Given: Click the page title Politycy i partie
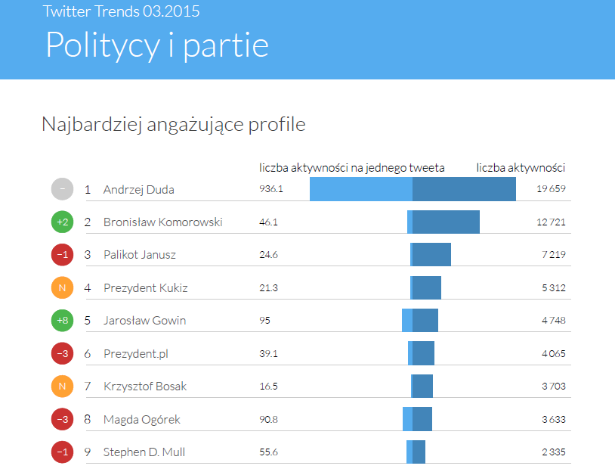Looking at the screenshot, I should pyautogui.click(x=157, y=45).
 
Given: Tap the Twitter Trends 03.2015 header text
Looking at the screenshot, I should pyautogui.click(x=122, y=11).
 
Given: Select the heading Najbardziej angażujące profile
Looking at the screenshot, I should pyautogui.click(x=174, y=124).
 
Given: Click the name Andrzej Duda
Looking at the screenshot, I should pyautogui.click(x=138, y=189).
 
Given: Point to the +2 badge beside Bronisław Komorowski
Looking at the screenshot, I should pyautogui.click(x=63, y=222).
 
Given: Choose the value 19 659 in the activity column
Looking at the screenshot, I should pyautogui.click(x=551, y=189).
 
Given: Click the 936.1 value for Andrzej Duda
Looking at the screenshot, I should pyautogui.click(x=271, y=189).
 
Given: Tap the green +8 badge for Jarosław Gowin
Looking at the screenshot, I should pyautogui.click(x=63, y=321).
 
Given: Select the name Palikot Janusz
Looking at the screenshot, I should pyautogui.click(x=139, y=255).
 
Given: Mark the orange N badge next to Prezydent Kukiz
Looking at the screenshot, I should pyautogui.click(x=63, y=287).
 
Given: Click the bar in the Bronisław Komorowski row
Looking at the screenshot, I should pyautogui.click(x=443, y=222).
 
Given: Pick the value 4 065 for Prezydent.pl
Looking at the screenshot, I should pyautogui.click(x=553, y=353).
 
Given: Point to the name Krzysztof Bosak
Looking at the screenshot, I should pyautogui.click(x=144, y=387).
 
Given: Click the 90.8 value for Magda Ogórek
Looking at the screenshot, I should pyautogui.click(x=269, y=419).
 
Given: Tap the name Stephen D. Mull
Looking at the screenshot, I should pyautogui.click(x=144, y=452).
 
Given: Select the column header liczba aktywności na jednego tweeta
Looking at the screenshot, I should pyautogui.click(x=351, y=168).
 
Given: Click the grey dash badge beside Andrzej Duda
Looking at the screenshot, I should pyautogui.click(x=63, y=189).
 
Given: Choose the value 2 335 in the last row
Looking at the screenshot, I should pyautogui.click(x=553, y=452).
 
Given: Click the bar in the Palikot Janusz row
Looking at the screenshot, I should pyautogui.click(x=431, y=255).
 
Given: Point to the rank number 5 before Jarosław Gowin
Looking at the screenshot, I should pyautogui.click(x=88, y=321).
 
